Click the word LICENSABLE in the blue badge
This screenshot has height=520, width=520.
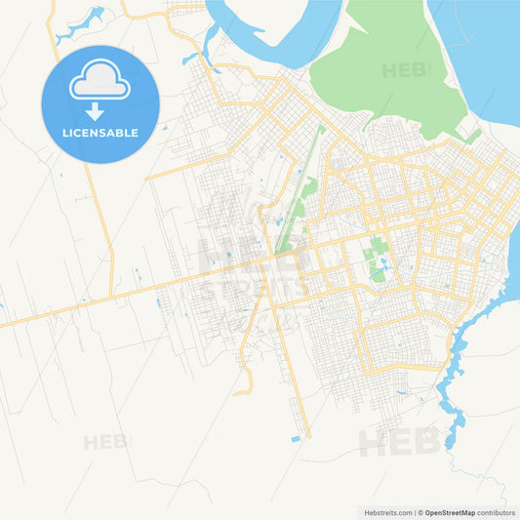point(100,133)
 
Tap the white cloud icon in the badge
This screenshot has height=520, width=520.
point(100,82)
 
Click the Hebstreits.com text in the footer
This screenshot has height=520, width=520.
point(387,512)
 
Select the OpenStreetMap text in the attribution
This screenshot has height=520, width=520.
point(450,512)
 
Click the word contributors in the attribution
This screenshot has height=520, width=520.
point(497,512)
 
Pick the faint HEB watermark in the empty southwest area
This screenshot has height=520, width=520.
point(105,442)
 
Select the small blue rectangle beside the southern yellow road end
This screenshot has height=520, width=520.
point(296,439)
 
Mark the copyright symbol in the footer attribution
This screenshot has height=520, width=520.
point(419,512)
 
